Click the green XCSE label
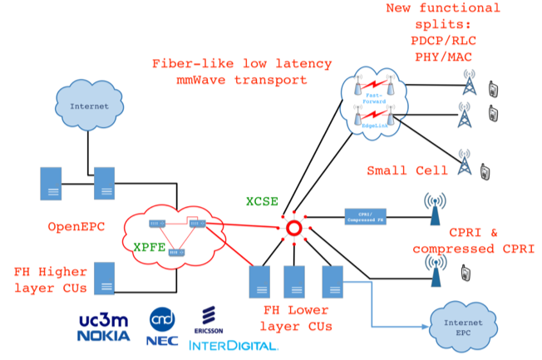pyautogui.click(x=262, y=202)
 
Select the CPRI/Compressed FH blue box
pyautogui.click(x=367, y=217)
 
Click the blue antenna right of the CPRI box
pyautogui.click(x=433, y=211)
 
